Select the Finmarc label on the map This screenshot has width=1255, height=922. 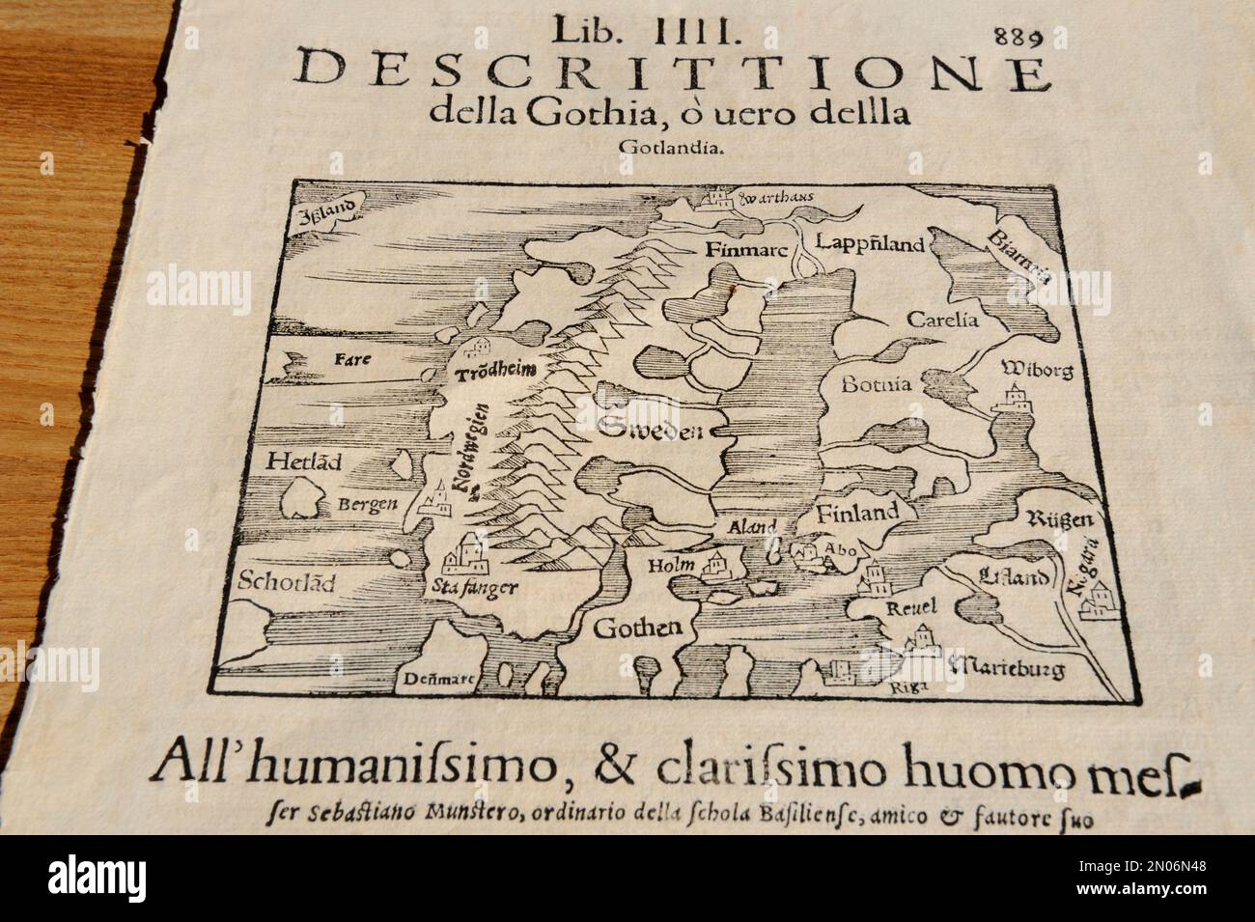tap(741, 248)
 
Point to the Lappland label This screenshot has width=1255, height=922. tap(870, 242)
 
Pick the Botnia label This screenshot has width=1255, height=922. tap(877, 383)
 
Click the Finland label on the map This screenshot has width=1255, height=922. tap(858, 512)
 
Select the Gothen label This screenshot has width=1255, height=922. tap(637, 628)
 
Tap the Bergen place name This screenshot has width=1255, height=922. tap(368, 505)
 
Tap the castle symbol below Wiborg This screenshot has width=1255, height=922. tap(1016, 398)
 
